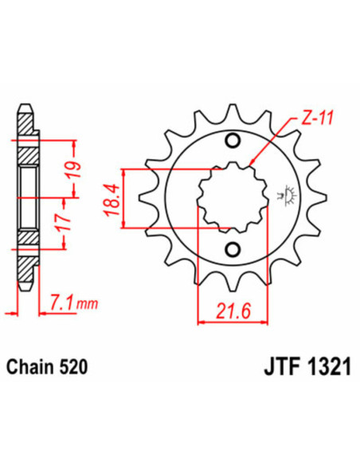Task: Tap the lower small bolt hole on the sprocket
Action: tap(233, 248)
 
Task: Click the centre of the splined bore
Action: tap(232, 196)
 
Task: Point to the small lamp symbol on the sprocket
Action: tap(280, 194)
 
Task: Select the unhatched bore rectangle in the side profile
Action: tap(25, 195)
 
